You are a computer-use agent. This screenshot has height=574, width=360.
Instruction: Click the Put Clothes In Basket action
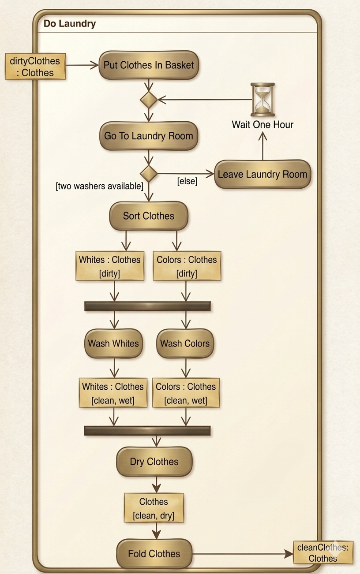(x=149, y=65)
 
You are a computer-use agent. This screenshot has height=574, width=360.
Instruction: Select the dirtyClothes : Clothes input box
(x=35, y=66)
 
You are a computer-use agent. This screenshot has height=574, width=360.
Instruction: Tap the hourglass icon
(x=262, y=100)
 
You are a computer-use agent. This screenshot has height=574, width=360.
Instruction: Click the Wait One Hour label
(x=262, y=124)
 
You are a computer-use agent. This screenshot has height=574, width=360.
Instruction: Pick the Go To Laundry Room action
(x=149, y=136)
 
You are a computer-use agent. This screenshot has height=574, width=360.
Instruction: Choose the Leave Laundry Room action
(x=262, y=174)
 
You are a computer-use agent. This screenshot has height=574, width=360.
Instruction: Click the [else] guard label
(x=187, y=181)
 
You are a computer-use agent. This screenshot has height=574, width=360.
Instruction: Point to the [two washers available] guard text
(x=99, y=186)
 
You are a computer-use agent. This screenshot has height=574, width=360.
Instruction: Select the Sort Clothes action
(x=149, y=216)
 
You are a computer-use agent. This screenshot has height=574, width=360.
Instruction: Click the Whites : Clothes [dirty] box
(x=110, y=266)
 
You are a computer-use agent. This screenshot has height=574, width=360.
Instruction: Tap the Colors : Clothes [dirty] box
(x=186, y=266)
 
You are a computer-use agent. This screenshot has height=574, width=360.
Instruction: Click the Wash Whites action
(x=113, y=343)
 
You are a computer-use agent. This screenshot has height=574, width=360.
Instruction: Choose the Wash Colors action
(x=185, y=343)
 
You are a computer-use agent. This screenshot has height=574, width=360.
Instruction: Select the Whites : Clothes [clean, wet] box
(x=112, y=393)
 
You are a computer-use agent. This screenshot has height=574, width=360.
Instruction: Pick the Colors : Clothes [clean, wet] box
(x=186, y=393)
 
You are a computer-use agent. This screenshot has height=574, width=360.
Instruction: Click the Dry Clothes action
(x=154, y=462)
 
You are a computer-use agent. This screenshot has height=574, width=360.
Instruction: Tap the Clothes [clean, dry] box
(x=154, y=508)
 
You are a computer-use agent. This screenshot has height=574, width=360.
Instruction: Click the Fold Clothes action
(x=154, y=554)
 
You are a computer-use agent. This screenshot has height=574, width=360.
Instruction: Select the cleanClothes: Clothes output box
(x=323, y=553)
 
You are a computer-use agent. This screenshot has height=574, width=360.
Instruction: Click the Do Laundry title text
(x=70, y=24)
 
